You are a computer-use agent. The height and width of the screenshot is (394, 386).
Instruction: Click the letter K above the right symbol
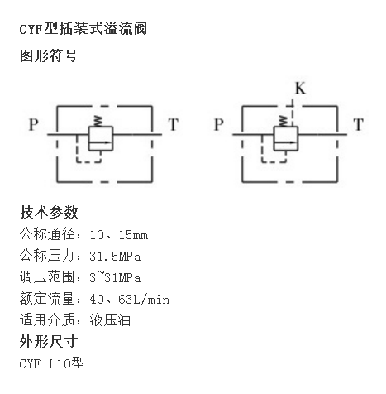click(300, 89)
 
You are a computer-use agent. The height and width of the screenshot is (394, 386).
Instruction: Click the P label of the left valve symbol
click(34, 124)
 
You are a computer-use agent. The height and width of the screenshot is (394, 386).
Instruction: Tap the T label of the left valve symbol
click(174, 124)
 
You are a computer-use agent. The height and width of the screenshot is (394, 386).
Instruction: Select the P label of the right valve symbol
click(219, 124)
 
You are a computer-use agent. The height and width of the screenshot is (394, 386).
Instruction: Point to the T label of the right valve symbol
click(359, 124)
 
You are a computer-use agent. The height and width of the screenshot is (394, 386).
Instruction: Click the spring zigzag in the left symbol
click(98, 121)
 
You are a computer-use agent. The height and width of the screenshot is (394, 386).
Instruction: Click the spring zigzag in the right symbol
click(284, 121)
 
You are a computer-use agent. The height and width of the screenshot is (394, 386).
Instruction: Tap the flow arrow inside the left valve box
click(100, 142)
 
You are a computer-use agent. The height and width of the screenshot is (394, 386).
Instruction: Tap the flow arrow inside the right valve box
click(285, 142)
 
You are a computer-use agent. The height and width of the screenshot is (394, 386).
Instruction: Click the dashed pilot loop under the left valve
click(88, 161)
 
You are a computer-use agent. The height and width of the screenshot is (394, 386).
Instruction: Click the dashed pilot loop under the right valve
click(274, 161)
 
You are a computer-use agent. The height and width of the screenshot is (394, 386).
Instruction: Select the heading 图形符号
click(49, 55)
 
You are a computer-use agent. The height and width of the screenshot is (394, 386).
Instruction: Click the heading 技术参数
click(49, 212)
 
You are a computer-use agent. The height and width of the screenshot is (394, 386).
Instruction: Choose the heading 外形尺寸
click(49, 342)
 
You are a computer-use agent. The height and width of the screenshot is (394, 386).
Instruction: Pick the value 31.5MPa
click(115, 257)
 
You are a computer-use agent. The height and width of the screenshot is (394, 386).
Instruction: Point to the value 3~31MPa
click(115, 277)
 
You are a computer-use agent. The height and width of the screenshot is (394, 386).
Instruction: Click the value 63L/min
click(144, 299)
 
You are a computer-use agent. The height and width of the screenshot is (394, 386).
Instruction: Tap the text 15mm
click(133, 235)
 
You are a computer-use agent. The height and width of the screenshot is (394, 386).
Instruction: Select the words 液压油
click(110, 320)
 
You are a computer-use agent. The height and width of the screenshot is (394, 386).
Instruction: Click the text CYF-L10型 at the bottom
click(52, 363)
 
